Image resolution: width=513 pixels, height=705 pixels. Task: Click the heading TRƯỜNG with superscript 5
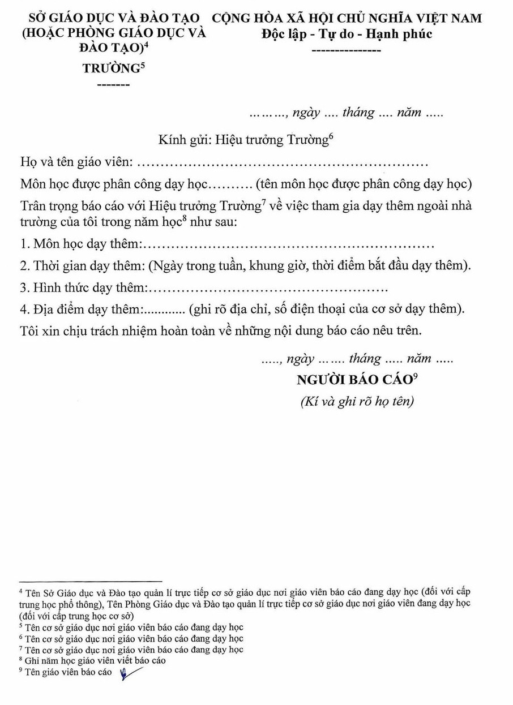point(110,69)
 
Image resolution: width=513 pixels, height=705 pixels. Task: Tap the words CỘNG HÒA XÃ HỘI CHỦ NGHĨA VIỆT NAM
point(347,18)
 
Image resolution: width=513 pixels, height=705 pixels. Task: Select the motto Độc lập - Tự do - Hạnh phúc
point(347,33)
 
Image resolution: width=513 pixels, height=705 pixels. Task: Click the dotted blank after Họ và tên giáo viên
point(283,164)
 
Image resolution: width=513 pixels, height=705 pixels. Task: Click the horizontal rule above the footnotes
point(91,581)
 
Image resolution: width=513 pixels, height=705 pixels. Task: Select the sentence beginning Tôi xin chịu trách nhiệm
point(221,330)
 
